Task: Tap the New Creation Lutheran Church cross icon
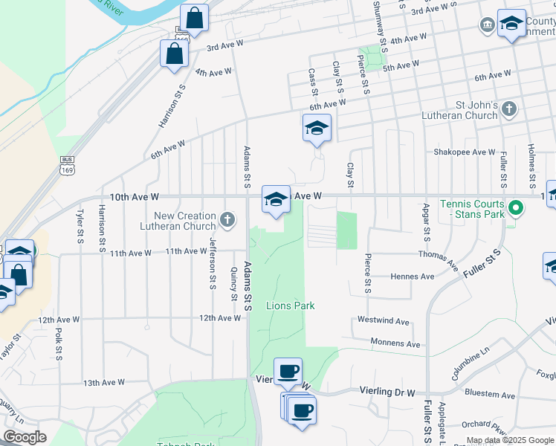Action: tap(227, 219)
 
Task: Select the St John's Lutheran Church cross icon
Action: tap(508, 110)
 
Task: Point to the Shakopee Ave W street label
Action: tap(465, 152)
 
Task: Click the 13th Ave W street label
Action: tap(104, 383)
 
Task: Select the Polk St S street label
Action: tap(59, 343)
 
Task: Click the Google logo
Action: tap(25, 437)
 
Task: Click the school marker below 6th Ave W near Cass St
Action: tap(317, 128)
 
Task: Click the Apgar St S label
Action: tap(427, 222)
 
